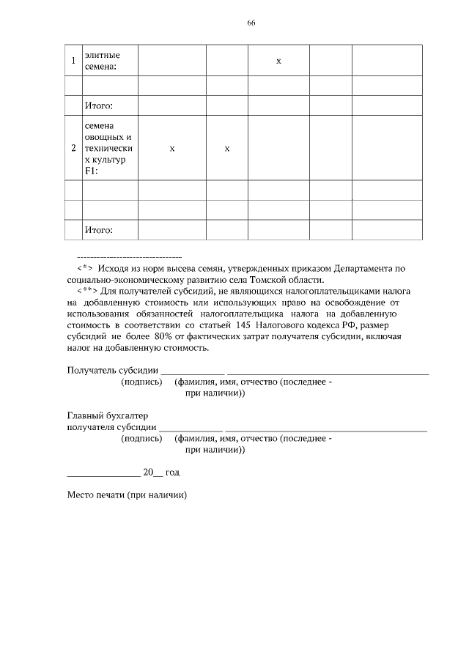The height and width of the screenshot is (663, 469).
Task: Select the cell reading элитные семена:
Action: point(102,61)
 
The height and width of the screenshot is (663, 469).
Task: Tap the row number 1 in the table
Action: point(73,61)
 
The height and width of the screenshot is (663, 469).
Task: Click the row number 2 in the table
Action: point(73,149)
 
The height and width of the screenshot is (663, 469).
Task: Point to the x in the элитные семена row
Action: point(278,61)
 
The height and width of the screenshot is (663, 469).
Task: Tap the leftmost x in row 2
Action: point(171,149)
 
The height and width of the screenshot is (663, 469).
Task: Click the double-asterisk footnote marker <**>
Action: point(86,291)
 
